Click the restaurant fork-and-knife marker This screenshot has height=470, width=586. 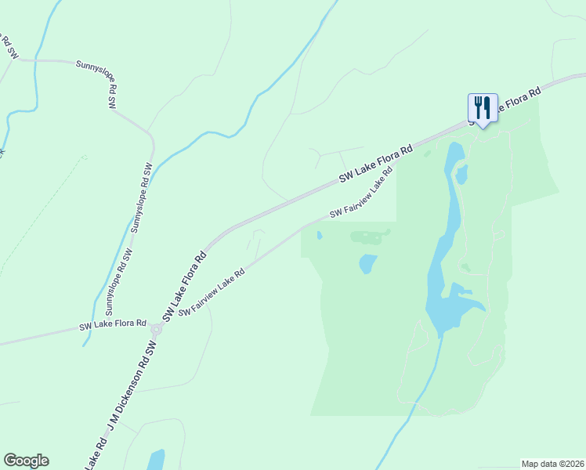(x=483, y=107)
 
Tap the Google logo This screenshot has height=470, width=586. (x=26, y=461)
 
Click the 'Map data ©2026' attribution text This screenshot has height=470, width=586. (x=552, y=464)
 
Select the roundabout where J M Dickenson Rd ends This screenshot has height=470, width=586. (x=156, y=330)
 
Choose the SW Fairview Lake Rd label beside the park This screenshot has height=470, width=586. (x=360, y=196)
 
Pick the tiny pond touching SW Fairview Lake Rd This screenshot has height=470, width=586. (x=319, y=235)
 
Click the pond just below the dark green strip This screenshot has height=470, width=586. (x=367, y=264)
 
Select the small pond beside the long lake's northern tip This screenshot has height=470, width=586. (x=461, y=174)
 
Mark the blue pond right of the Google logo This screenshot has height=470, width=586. (x=156, y=460)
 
